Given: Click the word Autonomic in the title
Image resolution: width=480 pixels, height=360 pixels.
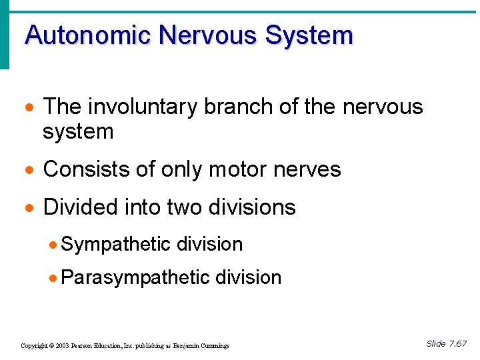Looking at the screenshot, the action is pos(87,35).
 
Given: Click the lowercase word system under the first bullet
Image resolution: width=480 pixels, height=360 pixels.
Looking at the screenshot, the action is pos(78,132).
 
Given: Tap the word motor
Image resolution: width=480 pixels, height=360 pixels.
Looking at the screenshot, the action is pos(250,169).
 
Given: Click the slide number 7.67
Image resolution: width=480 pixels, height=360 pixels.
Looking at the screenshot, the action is pos(458,344).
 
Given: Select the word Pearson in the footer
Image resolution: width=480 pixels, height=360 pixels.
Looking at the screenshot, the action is pos(85,346).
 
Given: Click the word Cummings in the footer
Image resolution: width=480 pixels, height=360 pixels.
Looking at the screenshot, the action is pos(213,346).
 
